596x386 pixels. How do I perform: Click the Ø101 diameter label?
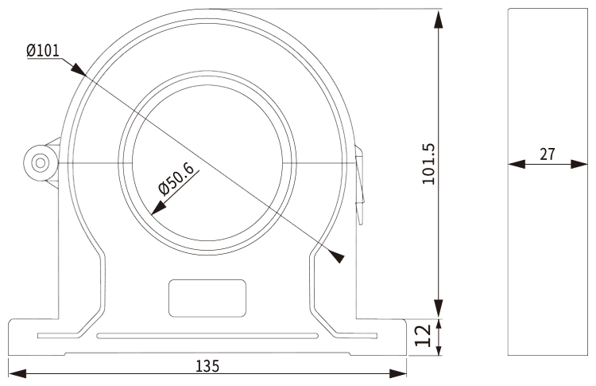42,50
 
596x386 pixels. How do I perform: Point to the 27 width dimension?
548,154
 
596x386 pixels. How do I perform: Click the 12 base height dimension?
425,334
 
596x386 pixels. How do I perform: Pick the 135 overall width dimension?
207,366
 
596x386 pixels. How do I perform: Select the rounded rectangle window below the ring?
207,297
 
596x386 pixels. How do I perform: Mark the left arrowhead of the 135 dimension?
15,372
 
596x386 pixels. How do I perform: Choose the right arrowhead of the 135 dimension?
399,372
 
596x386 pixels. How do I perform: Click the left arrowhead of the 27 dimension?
516,165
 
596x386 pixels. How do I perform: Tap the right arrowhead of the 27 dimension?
579,165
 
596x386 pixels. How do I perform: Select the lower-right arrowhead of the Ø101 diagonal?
337,256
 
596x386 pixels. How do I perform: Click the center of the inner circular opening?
207,164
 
